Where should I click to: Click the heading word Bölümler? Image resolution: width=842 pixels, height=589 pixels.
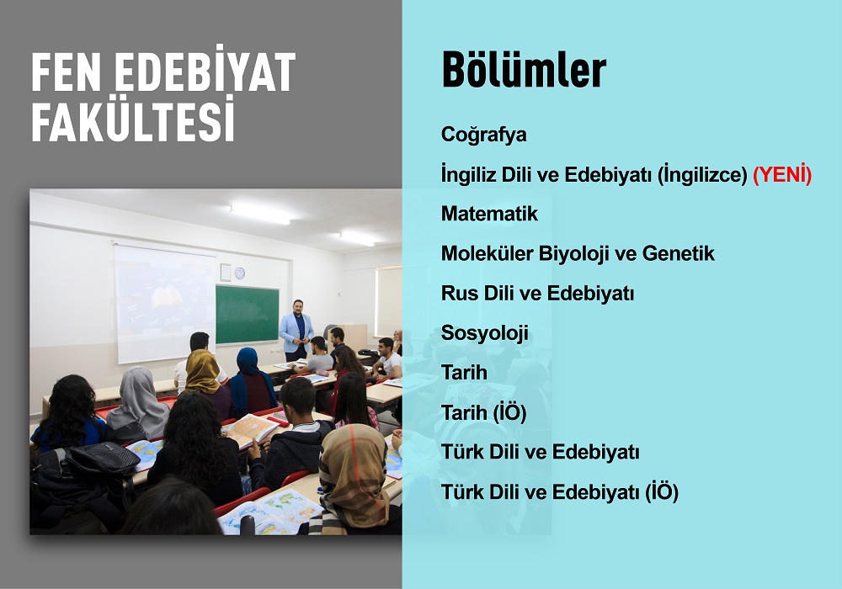[524, 71]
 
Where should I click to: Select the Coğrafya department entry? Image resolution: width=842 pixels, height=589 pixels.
[484, 135]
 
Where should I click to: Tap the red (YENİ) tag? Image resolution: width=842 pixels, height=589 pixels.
[782, 175]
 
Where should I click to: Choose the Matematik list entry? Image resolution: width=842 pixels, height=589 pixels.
[489, 214]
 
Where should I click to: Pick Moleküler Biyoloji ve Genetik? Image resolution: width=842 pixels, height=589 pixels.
[578, 253]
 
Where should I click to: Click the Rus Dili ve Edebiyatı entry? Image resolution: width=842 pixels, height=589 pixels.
[537, 293]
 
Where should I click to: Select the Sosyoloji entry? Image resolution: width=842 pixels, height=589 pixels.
[485, 333]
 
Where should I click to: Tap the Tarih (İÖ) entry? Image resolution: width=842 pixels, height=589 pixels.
[484, 412]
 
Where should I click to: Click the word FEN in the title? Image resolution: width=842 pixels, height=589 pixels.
[67, 72]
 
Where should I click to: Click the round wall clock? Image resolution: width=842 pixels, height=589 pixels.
[239, 273]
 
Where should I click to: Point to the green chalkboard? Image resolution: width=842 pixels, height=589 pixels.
[247, 315]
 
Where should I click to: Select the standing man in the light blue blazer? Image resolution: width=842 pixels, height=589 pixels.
[296, 330]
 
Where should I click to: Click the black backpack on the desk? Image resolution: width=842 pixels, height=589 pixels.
[102, 459]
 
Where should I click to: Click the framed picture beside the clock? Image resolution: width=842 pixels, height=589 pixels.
[226, 273]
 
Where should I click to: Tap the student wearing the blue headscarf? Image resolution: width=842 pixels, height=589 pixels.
[251, 382]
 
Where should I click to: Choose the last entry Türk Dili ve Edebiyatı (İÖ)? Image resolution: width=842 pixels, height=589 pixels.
[560, 492]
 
